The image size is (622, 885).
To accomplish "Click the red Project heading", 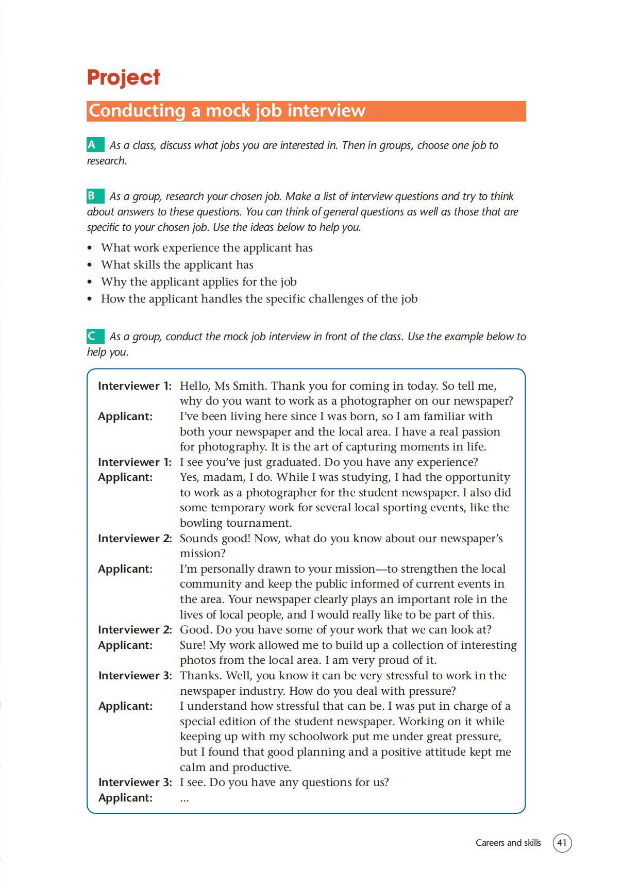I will (123, 77).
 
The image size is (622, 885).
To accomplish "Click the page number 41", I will (562, 843).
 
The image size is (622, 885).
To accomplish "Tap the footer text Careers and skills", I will (508, 843).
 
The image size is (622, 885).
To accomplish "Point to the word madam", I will (218, 477).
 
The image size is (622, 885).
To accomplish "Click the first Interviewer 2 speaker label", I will (135, 538).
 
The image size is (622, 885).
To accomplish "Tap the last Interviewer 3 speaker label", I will (135, 782).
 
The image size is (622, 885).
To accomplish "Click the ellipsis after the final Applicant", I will (184, 798).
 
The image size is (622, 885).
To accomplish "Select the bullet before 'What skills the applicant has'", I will (90, 265).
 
